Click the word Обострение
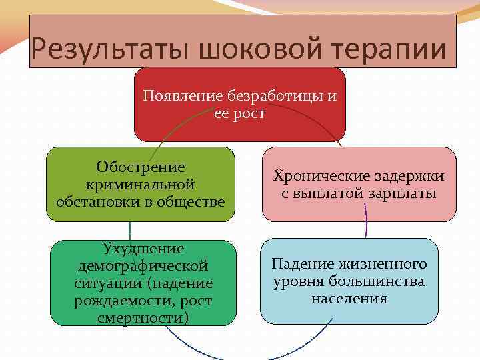[141, 166]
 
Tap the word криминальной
[141, 183]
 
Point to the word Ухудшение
[143, 249]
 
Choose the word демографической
[143, 266]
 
